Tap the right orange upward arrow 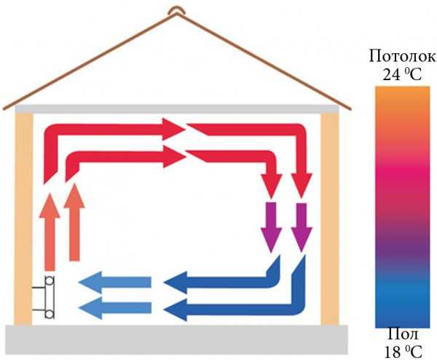click(x=74, y=222)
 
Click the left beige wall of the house click(x=24, y=219)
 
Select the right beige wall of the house click(x=330, y=219)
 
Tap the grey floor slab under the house click(x=175, y=336)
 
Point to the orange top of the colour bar click(x=395, y=98)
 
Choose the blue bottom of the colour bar click(x=395, y=313)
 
